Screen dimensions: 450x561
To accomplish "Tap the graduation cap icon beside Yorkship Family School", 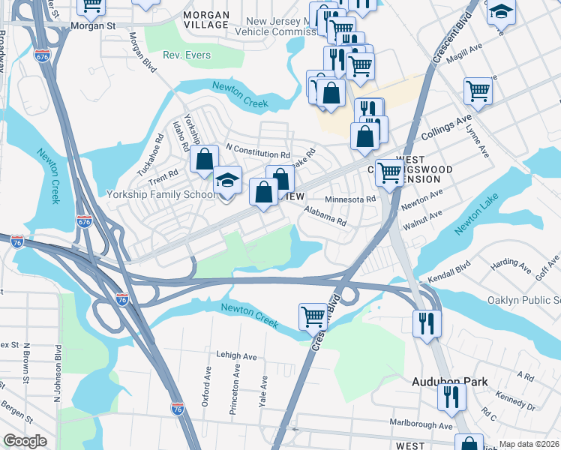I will (x=228, y=181).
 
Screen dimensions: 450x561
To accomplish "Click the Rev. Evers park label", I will (x=187, y=55).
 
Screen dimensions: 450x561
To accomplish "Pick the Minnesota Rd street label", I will (x=349, y=199).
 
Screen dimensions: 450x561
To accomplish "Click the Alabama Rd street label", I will (x=325, y=217).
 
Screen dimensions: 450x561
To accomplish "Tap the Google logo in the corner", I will (x=25, y=441).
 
